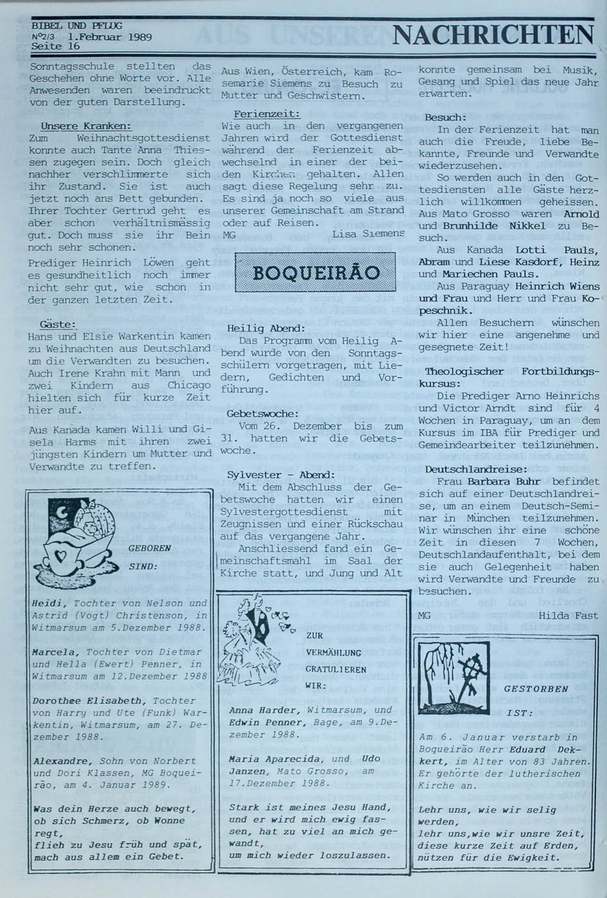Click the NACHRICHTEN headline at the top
493,35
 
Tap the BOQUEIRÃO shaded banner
315,273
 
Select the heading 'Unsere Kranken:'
85,126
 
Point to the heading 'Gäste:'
58,325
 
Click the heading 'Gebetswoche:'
262,414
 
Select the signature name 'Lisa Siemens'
368,235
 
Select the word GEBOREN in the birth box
150,548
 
